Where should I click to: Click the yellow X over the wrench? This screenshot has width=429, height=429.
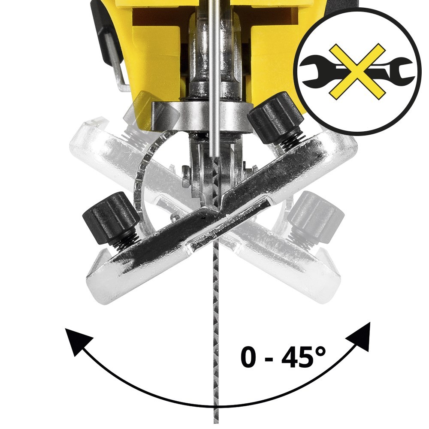coord(357,71)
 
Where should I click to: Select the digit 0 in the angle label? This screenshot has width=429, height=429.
coord(249,357)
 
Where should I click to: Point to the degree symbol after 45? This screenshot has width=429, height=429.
coord(320,352)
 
